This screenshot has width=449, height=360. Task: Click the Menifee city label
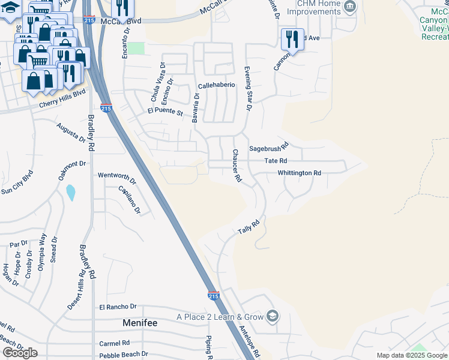[x=140, y=323]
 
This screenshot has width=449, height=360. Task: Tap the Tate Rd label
[x=276, y=161]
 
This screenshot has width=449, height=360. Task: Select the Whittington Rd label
[x=299, y=173]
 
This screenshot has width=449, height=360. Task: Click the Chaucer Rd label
[x=237, y=166]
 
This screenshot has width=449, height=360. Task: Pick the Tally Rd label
[x=248, y=227]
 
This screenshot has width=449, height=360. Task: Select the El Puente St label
[x=165, y=111]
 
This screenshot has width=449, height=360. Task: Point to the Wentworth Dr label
[x=117, y=176]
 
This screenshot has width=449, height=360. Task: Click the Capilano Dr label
[x=130, y=200]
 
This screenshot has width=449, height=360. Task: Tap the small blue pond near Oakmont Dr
[x=71, y=193]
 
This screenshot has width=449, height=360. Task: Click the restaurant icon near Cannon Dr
[x=292, y=39]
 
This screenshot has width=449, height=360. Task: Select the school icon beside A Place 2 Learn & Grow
[x=272, y=316]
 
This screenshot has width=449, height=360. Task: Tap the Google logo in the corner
[x=20, y=353]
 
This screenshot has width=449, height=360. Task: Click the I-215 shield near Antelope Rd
[x=213, y=296]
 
